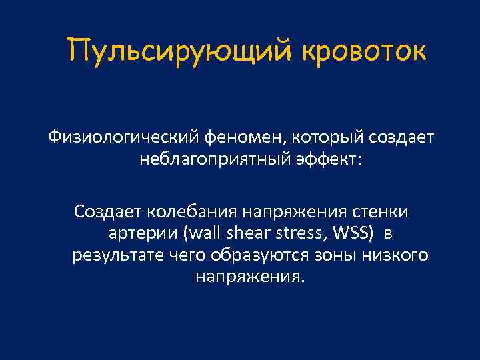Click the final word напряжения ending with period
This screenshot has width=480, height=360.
coord(249,276)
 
